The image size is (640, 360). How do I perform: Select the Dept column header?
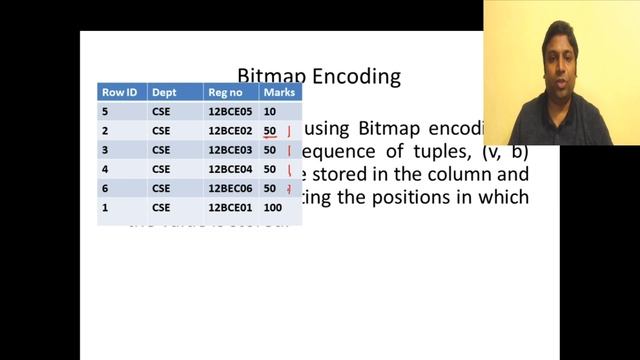pos(163,92)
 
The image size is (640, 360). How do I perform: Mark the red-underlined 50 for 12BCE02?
pos(270,130)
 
